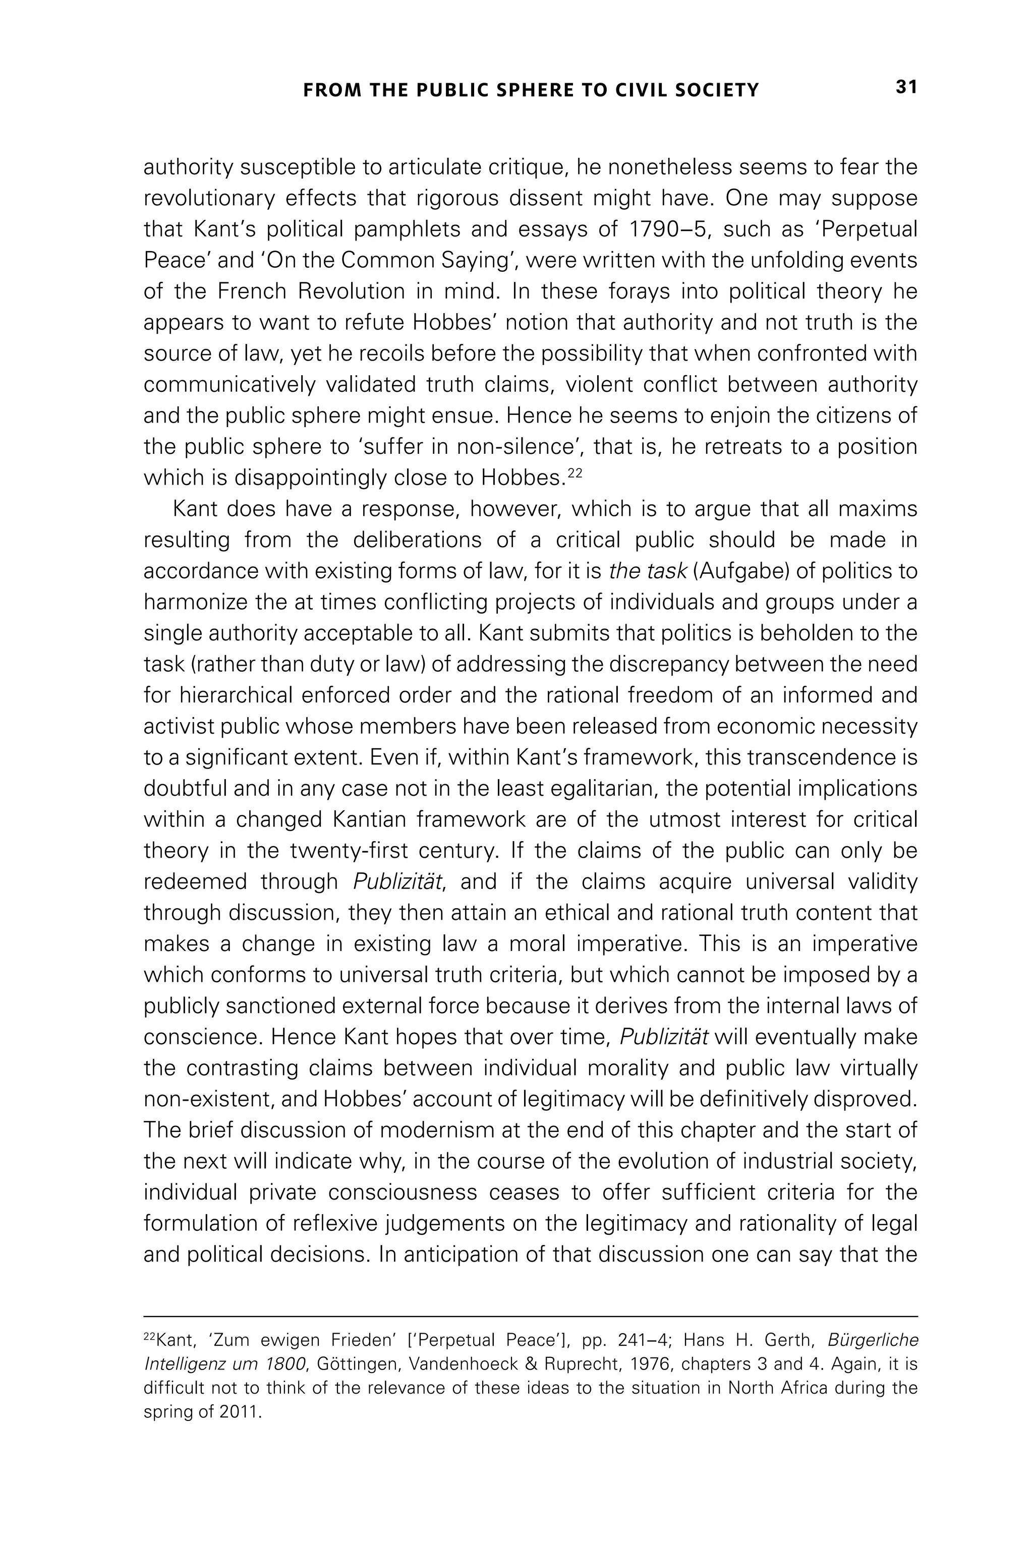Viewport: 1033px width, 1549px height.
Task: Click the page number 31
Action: pos(906,88)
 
